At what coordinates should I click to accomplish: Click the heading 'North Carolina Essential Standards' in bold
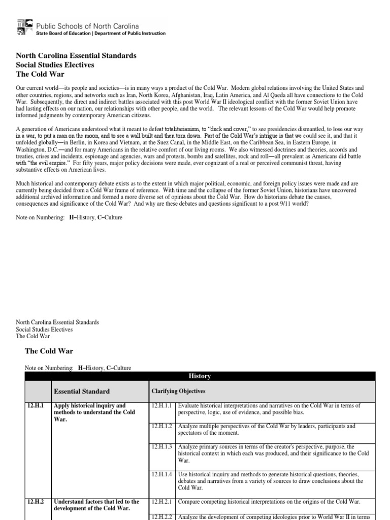76,55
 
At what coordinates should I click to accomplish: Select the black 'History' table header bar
200,376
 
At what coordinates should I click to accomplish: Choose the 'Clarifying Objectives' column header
178,392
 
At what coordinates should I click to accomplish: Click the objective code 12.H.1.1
162,406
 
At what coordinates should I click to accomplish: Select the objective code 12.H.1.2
162,427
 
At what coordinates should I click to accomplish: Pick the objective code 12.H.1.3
162,446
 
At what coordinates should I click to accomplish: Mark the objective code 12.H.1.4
162,474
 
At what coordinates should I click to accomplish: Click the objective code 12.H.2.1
162,502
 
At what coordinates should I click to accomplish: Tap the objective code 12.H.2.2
162,517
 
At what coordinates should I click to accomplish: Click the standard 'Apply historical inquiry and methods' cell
94,412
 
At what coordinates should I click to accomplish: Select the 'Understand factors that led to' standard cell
96,505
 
